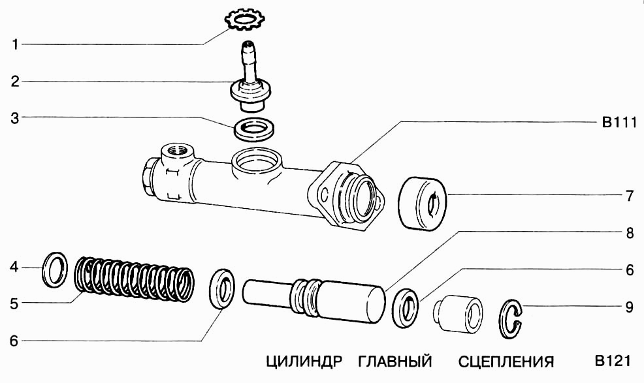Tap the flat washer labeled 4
pos(55,269)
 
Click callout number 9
pos(629,305)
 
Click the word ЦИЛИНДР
pos(304,361)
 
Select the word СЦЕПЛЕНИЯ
pos(506,361)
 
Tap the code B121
pos(611,361)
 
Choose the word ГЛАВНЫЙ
pos(396,361)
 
